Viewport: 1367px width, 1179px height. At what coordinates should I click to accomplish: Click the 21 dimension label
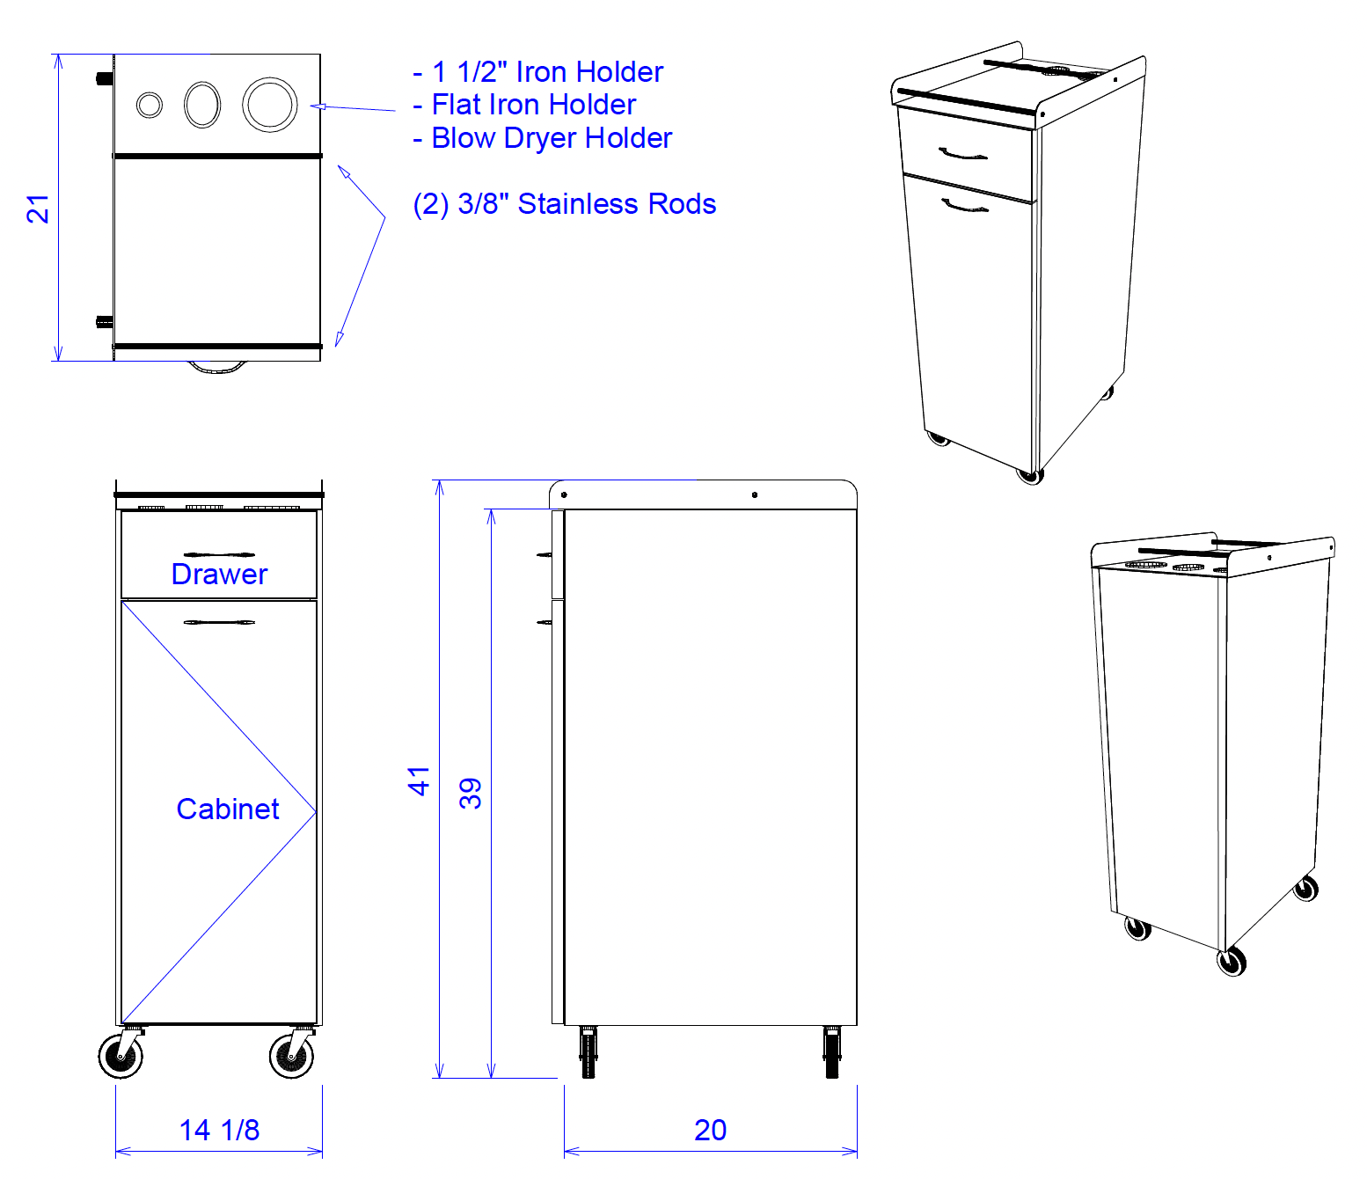(x=38, y=209)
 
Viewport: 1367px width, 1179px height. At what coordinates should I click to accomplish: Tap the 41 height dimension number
(x=419, y=781)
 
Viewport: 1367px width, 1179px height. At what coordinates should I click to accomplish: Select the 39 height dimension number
(x=471, y=794)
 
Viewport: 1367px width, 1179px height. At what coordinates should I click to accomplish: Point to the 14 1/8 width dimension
(x=219, y=1130)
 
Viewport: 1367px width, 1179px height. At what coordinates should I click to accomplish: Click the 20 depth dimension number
(x=710, y=1130)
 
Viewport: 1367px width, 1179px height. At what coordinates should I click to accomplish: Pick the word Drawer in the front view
(x=219, y=574)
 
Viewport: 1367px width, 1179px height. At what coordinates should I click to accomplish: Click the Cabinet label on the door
(x=228, y=809)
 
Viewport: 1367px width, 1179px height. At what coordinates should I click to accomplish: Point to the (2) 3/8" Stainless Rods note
(x=564, y=204)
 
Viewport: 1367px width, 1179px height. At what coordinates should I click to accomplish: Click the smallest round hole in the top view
(x=150, y=105)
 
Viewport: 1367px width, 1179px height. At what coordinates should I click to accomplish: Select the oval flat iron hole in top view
(x=202, y=105)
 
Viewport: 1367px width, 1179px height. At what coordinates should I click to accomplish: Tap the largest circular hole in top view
(x=270, y=105)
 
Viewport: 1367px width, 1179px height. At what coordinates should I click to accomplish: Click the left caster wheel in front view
(x=121, y=1055)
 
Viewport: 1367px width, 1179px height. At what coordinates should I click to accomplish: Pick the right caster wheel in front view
(x=292, y=1055)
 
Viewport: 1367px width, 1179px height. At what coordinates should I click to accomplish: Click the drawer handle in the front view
(x=219, y=554)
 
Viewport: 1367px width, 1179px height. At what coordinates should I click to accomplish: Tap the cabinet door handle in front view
(x=219, y=623)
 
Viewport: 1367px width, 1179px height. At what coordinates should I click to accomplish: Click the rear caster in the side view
(x=832, y=1052)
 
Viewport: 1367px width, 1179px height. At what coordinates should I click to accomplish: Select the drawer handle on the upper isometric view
(x=963, y=155)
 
